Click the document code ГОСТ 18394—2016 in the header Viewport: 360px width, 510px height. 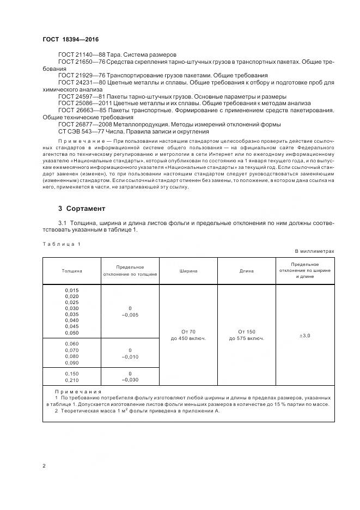[70, 40]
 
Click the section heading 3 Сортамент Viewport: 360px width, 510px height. [82, 209]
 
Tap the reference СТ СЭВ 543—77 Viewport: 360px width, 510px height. [80, 131]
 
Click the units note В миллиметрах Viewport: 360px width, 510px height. [314, 251]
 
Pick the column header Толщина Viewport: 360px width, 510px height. [72, 271]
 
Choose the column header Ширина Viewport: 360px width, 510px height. [188, 271]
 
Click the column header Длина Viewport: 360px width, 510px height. [247, 271]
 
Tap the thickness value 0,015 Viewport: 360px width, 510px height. [72, 290]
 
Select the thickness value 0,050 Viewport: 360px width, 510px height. [72, 332]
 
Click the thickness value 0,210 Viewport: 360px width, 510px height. [72, 380]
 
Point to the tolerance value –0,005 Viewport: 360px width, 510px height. [130, 315]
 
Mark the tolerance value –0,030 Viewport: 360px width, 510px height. [130, 380]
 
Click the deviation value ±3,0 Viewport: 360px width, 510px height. [305, 336]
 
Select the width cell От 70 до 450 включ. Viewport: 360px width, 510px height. [188, 335]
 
